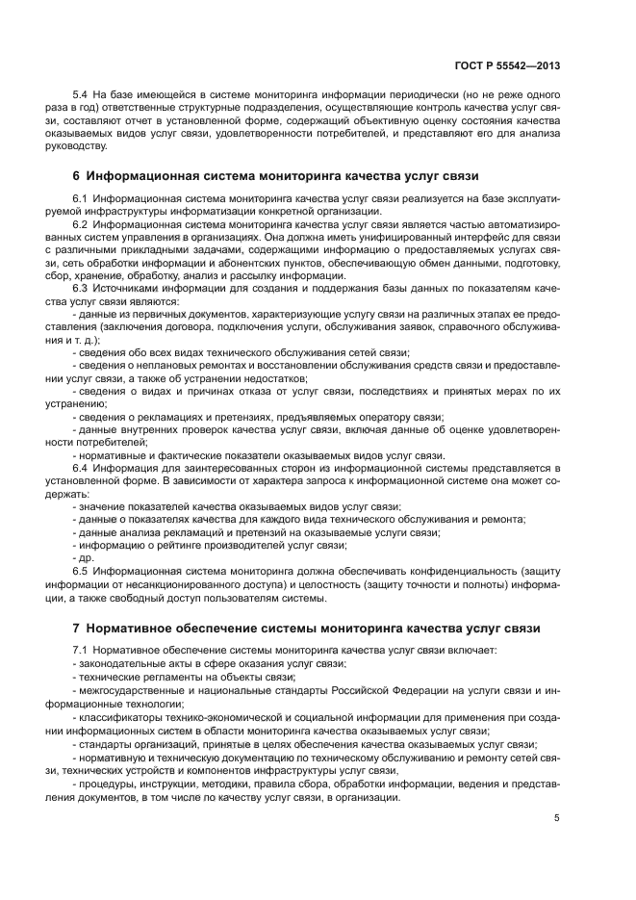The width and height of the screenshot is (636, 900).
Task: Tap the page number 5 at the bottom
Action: pyautogui.click(x=557, y=818)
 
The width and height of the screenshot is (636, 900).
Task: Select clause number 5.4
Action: pyautogui.click(x=81, y=96)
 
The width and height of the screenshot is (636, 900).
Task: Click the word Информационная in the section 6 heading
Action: pyautogui.click(x=140, y=176)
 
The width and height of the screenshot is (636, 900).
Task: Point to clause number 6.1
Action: pyautogui.click(x=81, y=198)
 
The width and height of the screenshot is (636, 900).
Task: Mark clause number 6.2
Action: pyautogui.click(x=81, y=223)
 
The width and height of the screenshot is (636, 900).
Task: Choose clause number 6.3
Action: pyautogui.click(x=81, y=287)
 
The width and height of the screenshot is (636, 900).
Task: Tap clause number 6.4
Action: pyautogui.click(x=81, y=468)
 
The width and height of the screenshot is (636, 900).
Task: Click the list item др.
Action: pyautogui.click(x=84, y=556)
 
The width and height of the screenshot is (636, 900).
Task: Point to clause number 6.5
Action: pyautogui.click(x=81, y=569)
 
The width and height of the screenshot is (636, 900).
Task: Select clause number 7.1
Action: pyautogui.click(x=81, y=651)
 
